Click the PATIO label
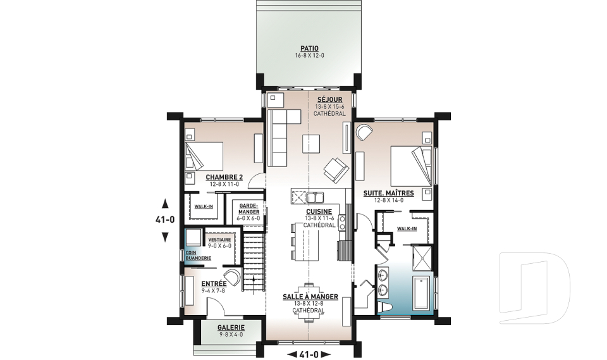click(309, 49)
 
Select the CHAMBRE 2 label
click(224, 178)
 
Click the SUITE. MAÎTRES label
click(388, 193)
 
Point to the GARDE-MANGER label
click(249, 209)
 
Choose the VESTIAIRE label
click(219, 240)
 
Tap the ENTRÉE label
click(214, 283)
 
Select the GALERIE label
click(231, 328)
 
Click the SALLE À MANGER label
click(310, 297)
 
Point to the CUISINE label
click(319, 211)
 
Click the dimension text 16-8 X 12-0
click(309, 56)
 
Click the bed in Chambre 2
click(204, 156)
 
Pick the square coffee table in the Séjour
click(311, 144)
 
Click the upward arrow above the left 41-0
click(165, 203)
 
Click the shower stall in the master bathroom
click(422, 258)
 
